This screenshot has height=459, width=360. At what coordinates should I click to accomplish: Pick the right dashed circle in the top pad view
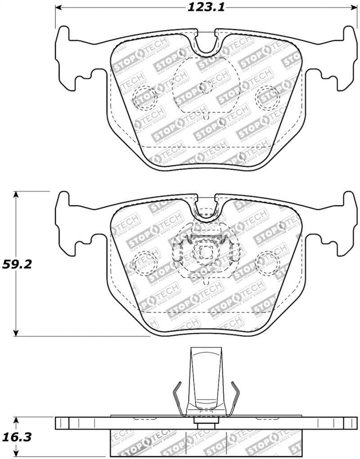point(267,97)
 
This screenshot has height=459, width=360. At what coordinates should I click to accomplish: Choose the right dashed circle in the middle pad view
point(267,263)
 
